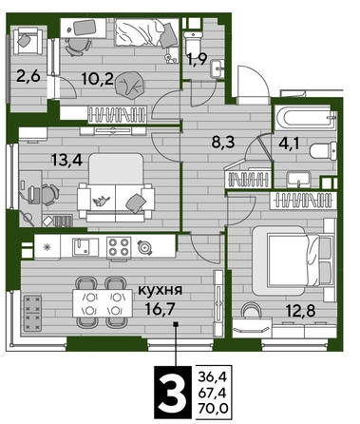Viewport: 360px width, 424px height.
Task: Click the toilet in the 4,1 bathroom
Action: coord(324,149)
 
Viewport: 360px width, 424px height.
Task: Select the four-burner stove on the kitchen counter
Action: coord(118,246)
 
